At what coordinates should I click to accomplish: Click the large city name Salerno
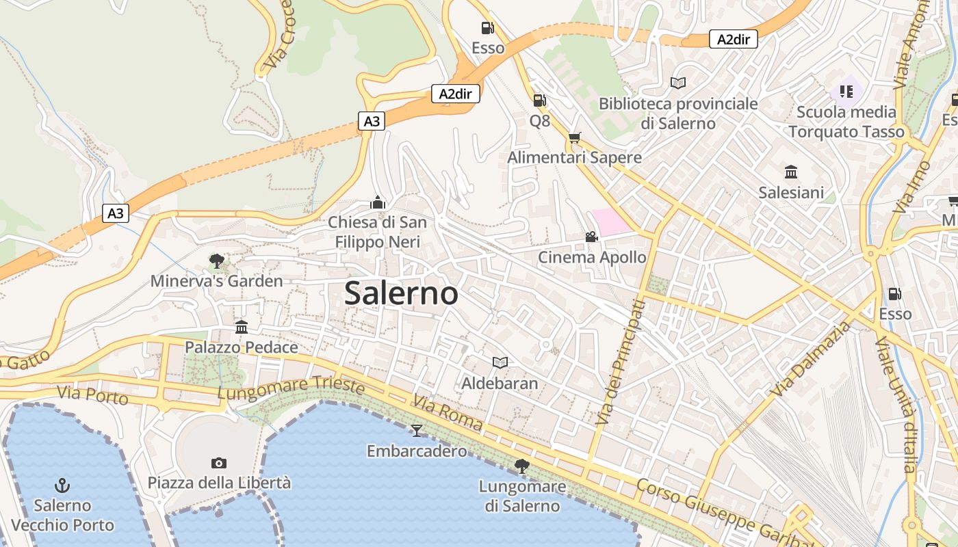[x=401, y=293]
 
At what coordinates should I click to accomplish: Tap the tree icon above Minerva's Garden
[x=217, y=261]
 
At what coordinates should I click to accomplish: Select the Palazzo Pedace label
[x=242, y=347]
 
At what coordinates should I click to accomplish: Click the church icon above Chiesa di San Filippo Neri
[x=377, y=202]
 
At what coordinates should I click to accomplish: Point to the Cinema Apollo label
[x=592, y=258]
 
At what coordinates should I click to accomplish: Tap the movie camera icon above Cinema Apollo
[x=591, y=237]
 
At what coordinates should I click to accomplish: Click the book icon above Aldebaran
[x=500, y=362]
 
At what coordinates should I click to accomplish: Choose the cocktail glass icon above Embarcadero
[x=416, y=430]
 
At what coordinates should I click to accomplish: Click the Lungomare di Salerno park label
[x=522, y=496]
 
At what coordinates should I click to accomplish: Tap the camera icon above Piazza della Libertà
[x=219, y=463]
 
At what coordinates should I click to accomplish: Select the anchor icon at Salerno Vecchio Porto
[x=62, y=485]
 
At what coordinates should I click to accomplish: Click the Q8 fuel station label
[x=540, y=121]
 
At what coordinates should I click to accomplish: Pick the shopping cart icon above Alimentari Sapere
[x=575, y=137]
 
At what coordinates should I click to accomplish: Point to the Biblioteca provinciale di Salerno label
[x=678, y=114]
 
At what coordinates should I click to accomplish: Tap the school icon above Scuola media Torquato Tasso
[x=846, y=91]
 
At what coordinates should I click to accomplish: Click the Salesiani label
[x=791, y=192]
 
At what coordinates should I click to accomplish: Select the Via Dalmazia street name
[x=811, y=358]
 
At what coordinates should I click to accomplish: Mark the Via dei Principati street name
[x=621, y=362]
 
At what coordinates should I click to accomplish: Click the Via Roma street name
[x=448, y=413]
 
